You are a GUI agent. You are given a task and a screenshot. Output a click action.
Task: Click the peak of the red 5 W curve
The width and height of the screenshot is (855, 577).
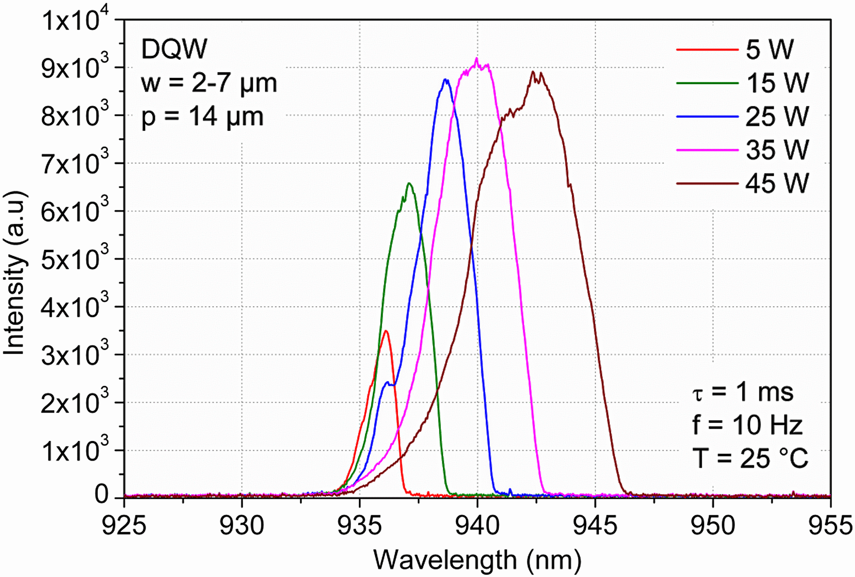pyautogui.click(x=386, y=331)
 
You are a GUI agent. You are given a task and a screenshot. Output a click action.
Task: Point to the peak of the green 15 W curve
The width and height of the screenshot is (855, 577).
pyautogui.click(x=409, y=183)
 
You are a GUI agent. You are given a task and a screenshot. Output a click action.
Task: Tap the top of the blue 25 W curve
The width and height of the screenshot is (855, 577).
pyautogui.click(x=446, y=80)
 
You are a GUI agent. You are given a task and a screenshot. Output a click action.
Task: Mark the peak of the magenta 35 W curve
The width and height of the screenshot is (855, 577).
pyautogui.click(x=477, y=58)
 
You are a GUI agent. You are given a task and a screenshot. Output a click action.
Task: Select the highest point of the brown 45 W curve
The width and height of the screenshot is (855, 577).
pyautogui.click(x=533, y=72)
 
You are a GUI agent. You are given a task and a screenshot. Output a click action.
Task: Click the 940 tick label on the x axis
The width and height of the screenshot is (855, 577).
pyautogui.click(x=477, y=525)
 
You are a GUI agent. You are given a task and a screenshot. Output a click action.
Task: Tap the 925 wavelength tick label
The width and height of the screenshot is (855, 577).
pyautogui.click(x=124, y=525)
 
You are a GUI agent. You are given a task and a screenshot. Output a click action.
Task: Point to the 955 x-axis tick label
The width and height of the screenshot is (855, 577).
pyautogui.click(x=830, y=525)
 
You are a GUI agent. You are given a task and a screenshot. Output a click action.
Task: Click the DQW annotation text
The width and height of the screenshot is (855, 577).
pyautogui.click(x=174, y=49)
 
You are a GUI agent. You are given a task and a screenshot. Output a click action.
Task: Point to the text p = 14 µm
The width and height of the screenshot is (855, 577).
pyautogui.click(x=202, y=116)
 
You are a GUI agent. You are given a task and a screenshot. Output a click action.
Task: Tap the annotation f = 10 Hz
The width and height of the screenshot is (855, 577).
pyautogui.click(x=747, y=425)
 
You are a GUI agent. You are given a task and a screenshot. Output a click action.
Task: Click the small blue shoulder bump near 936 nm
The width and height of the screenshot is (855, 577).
pyautogui.click(x=388, y=382)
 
